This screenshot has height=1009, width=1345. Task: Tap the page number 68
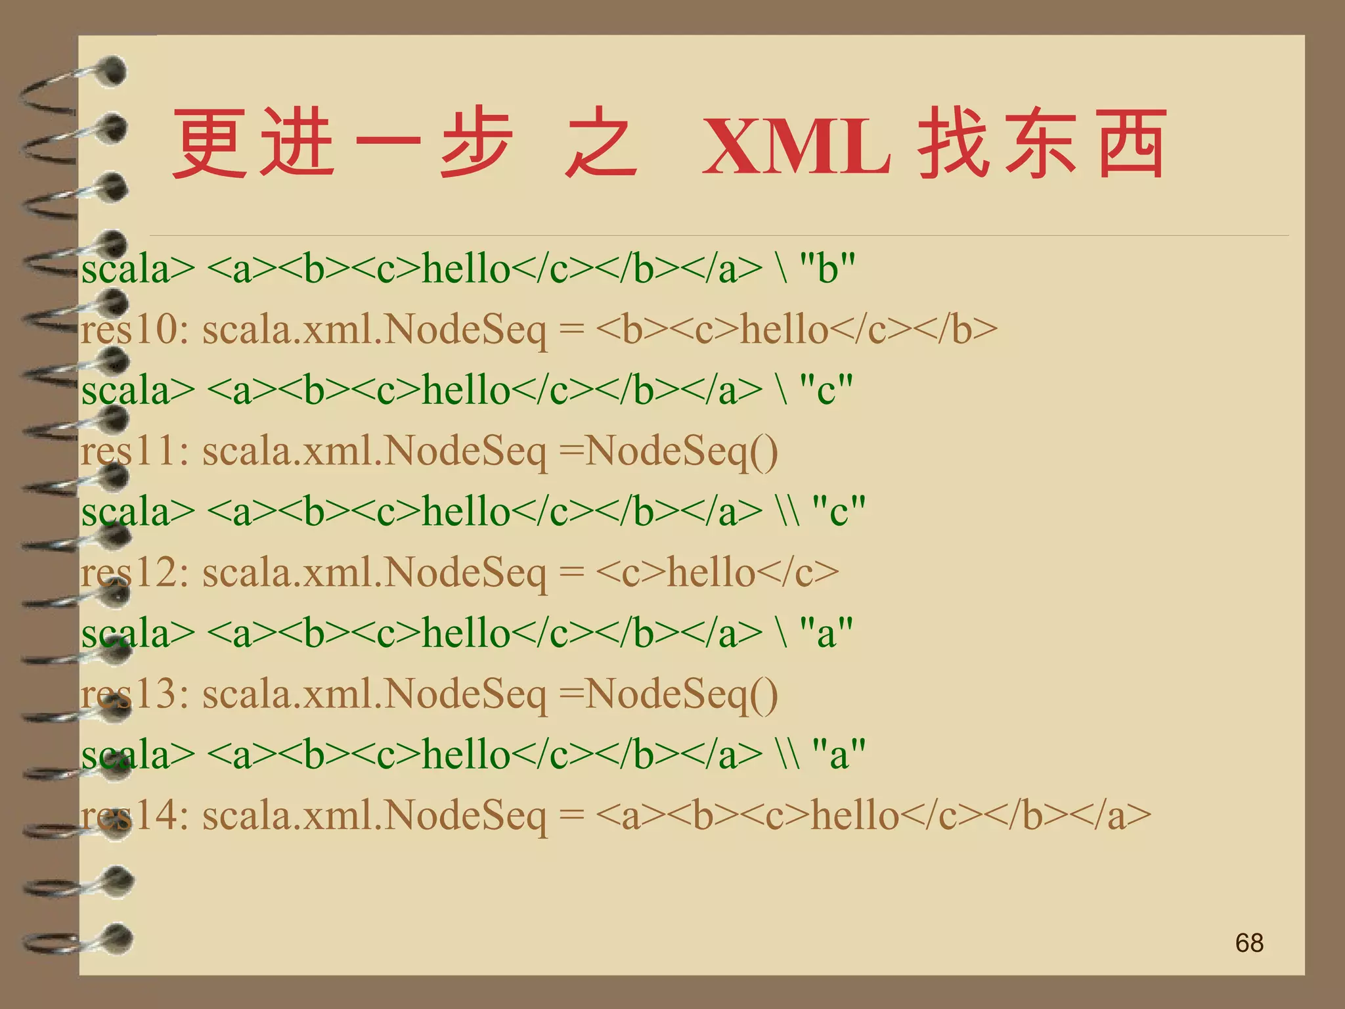(x=1248, y=943)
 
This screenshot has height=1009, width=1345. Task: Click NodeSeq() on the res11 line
(x=681, y=452)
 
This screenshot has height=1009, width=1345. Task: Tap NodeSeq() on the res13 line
(x=681, y=694)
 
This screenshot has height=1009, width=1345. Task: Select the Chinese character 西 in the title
(x=1132, y=143)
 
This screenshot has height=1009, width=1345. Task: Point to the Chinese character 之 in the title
(x=601, y=143)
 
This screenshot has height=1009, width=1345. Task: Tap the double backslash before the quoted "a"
(x=788, y=754)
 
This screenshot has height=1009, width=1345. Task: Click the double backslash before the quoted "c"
(x=788, y=511)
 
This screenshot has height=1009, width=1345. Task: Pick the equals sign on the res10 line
(x=571, y=330)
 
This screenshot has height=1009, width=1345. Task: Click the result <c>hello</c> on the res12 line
(x=717, y=573)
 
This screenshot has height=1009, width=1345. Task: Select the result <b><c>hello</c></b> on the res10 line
(x=797, y=330)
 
